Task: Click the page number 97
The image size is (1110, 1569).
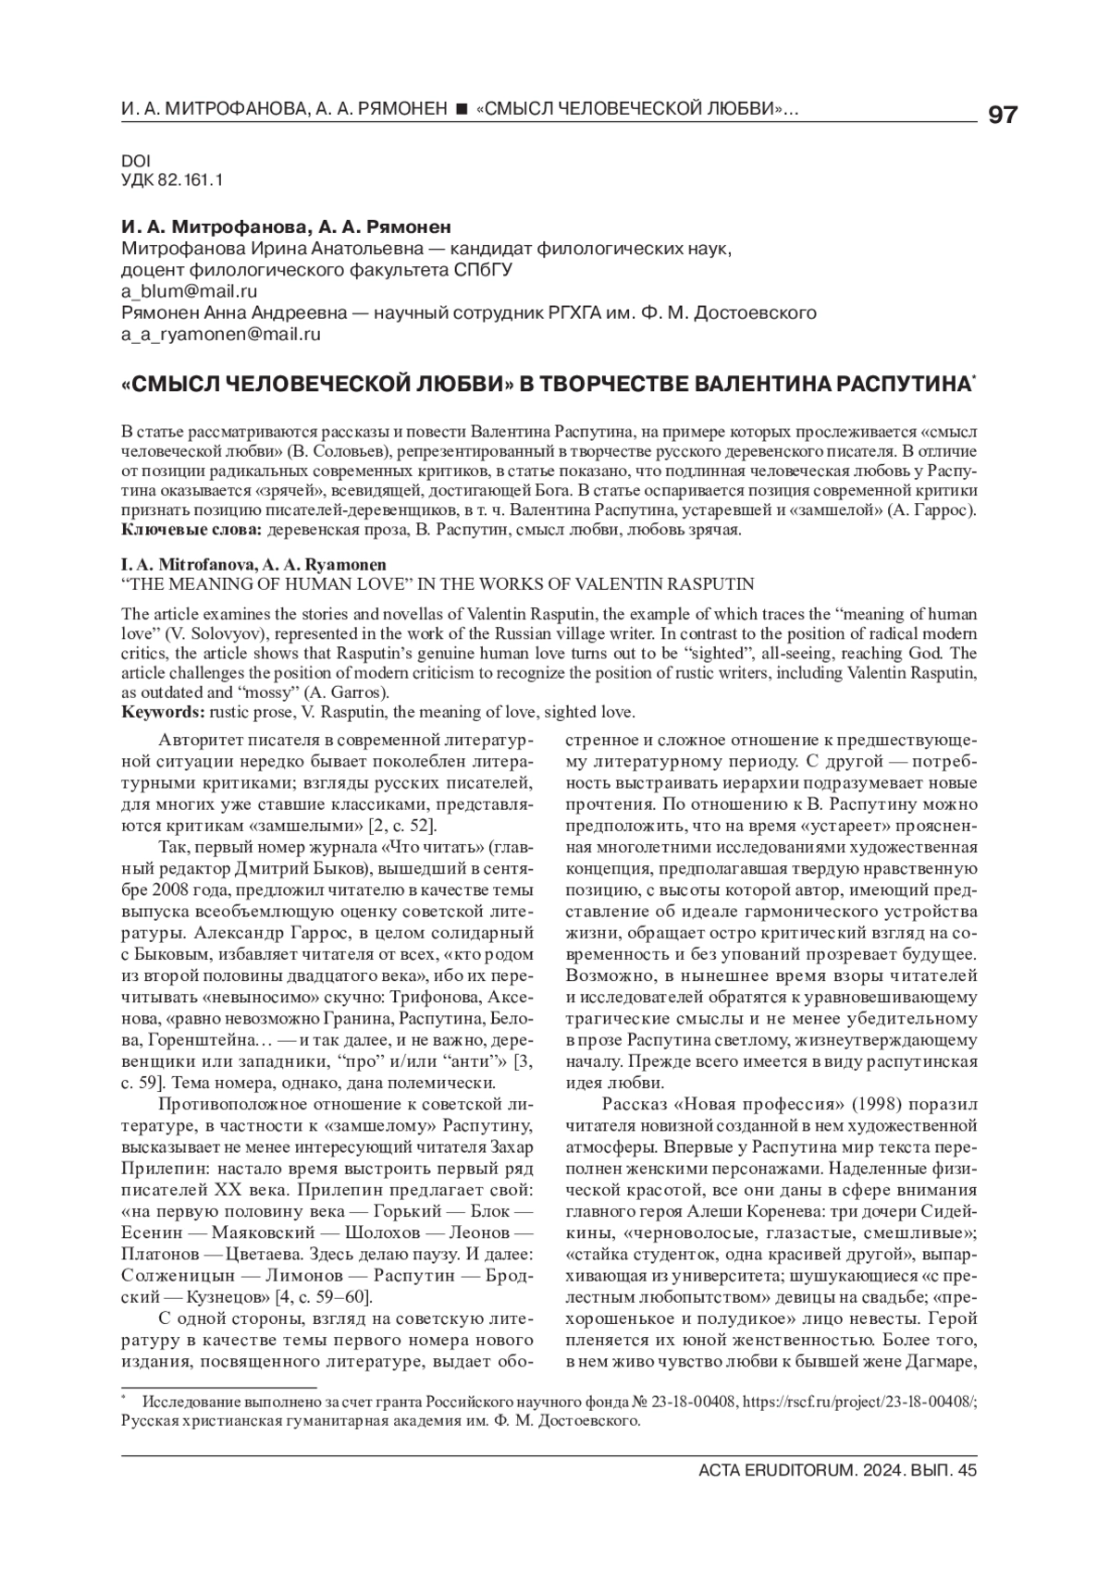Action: coord(1003,116)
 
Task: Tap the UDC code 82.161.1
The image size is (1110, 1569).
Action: coord(191,179)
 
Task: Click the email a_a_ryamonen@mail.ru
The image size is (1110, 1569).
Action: coord(221,336)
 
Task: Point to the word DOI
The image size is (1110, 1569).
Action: coord(135,160)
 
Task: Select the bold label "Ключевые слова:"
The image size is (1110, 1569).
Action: coord(192,530)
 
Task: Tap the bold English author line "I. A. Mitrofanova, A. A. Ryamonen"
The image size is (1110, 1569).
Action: coord(253,564)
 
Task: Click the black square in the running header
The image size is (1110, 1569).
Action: coord(461,111)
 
